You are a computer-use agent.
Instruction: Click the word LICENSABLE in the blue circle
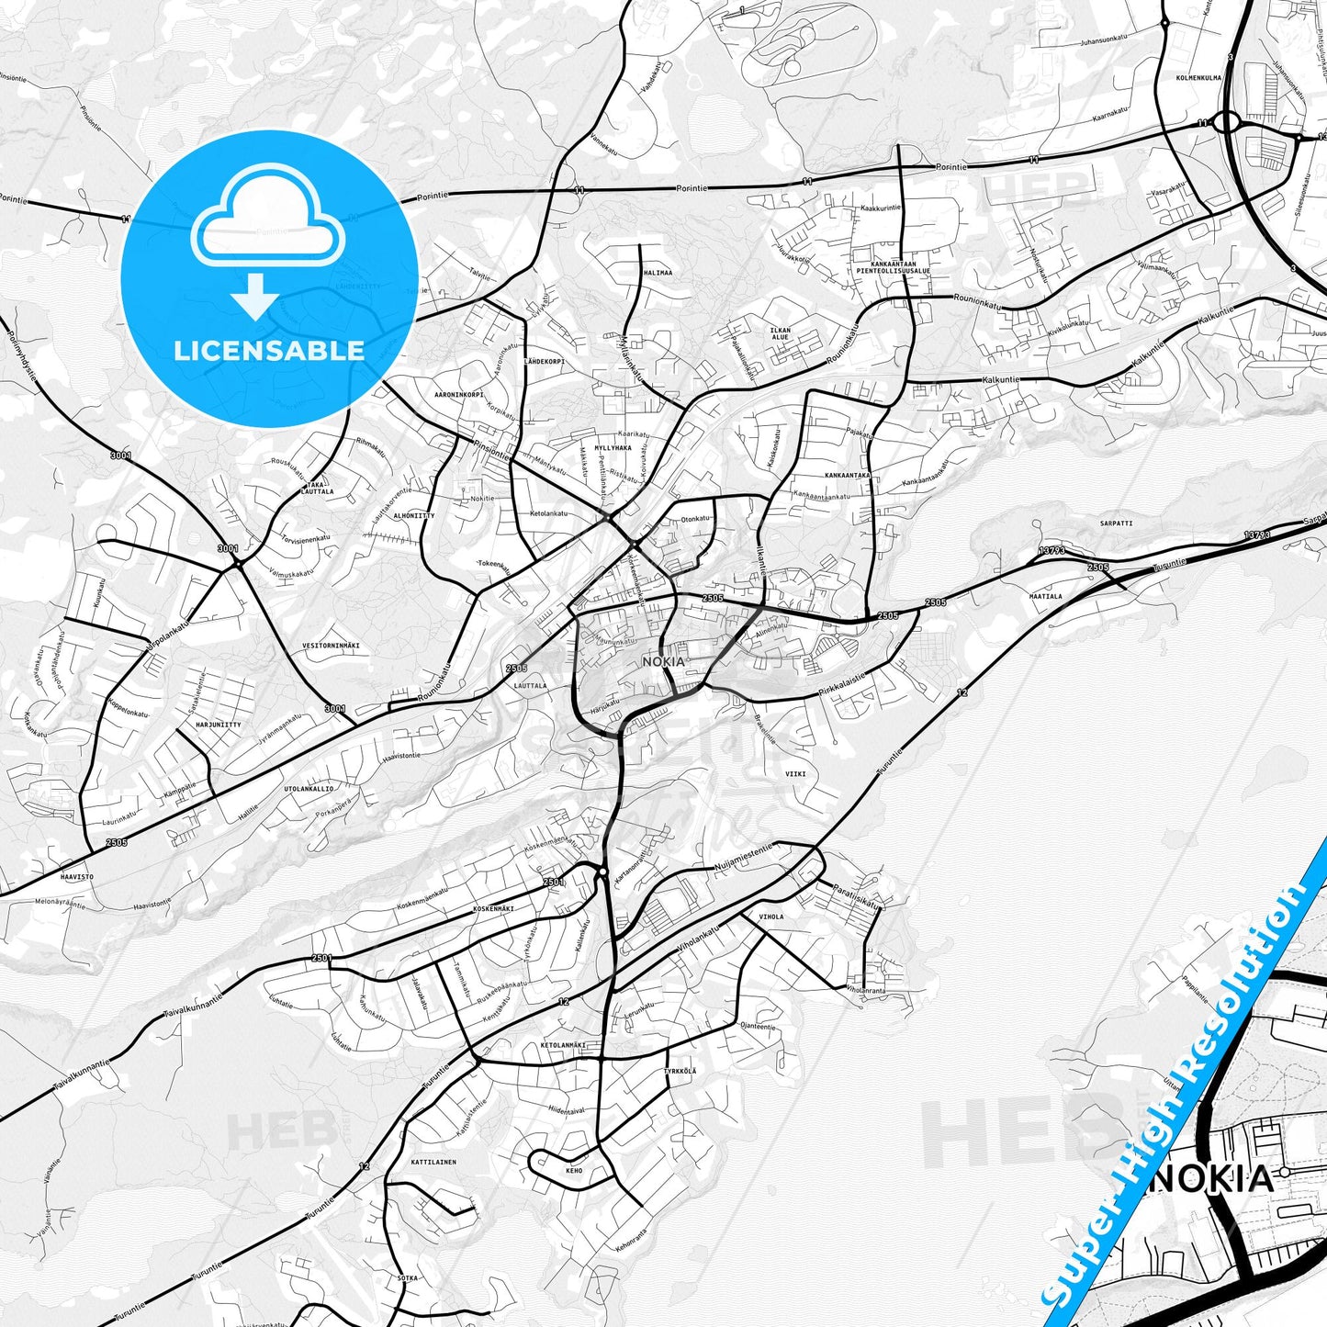[x=269, y=350]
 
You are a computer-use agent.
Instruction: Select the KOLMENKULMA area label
[x=1198, y=78]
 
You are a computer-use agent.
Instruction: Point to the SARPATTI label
[x=1116, y=523]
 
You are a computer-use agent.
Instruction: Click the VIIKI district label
[x=795, y=774]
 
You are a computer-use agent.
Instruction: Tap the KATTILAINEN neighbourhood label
[x=433, y=1162]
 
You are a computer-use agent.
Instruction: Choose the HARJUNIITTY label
[x=218, y=725]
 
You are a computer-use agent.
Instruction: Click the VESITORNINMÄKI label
[x=331, y=646]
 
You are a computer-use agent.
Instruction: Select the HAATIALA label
[x=1045, y=596]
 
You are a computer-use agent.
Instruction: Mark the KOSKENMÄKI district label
[x=493, y=908]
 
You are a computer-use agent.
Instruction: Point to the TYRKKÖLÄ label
[x=680, y=1071]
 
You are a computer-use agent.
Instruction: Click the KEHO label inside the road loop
[x=574, y=1171]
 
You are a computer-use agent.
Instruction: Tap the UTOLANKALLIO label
[x=309, y=788]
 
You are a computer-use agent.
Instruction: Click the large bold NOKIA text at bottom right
[x=1211, y=1178]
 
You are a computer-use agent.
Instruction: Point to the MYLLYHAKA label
[x=613, y=448]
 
